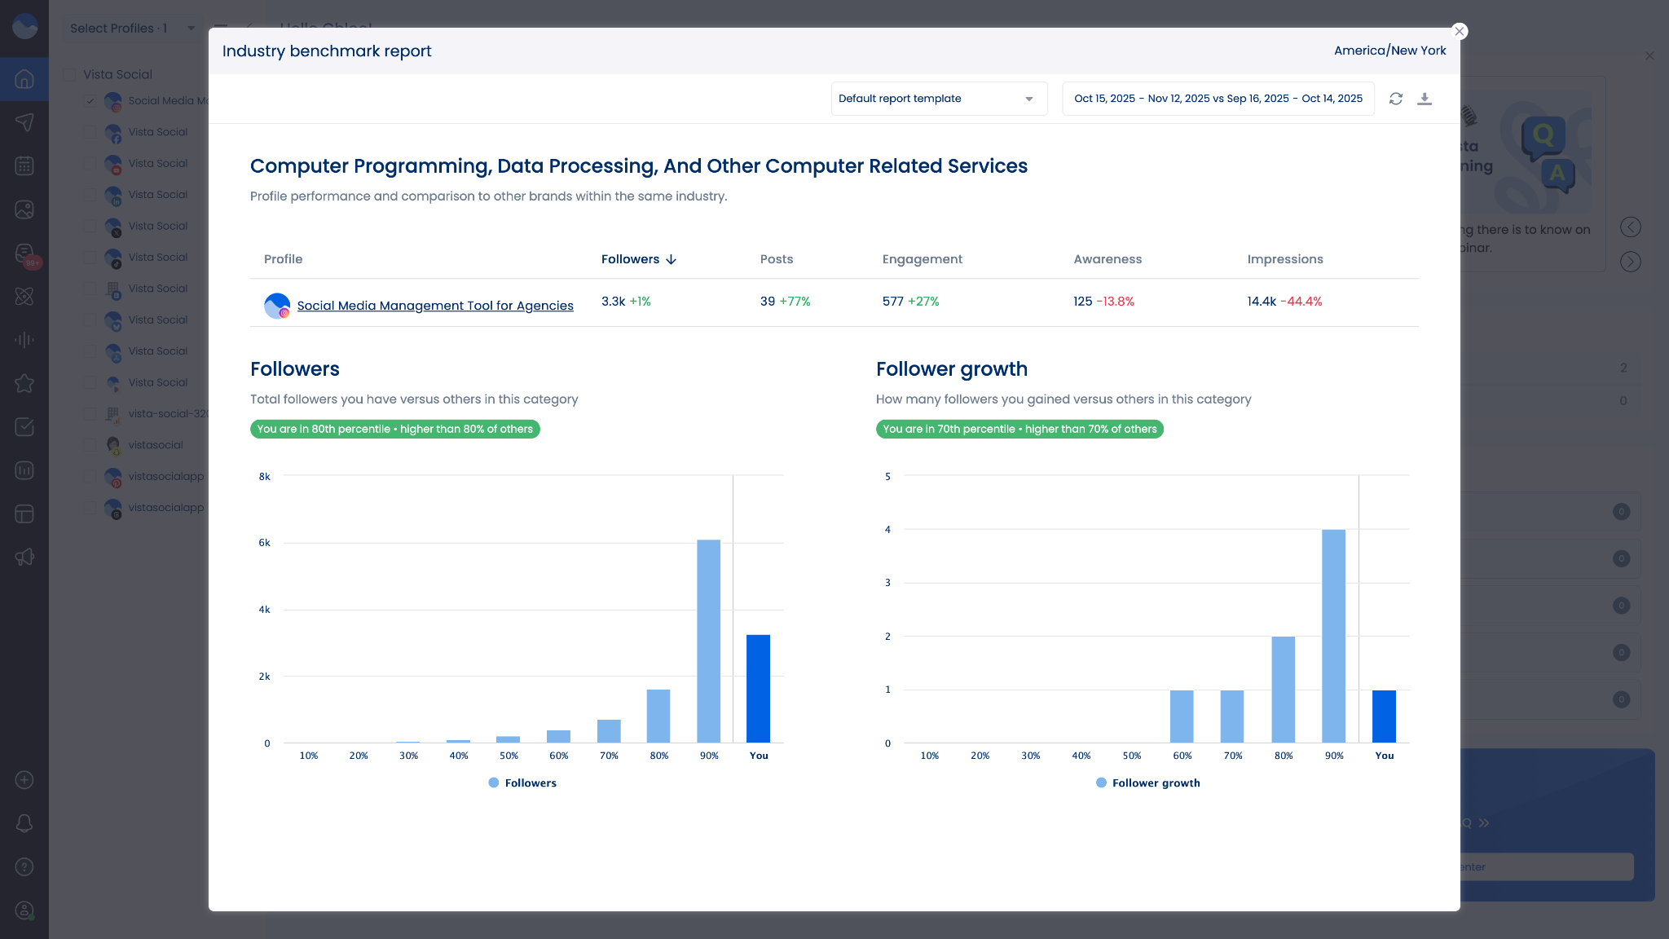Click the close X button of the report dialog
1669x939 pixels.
coord(1460,31)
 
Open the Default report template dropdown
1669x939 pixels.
coord(938,99)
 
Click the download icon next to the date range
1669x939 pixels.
coord(1425,99)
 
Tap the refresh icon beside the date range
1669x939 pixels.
coord(1396,99)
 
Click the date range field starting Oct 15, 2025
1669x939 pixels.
coord(1218,99)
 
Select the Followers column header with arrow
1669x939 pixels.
coord(638,259)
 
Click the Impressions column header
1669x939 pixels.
coord(1284,259)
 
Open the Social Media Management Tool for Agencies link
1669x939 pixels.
coord(434,306)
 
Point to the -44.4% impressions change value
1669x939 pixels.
coord(1301,302)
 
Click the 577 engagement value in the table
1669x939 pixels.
coord(892,302)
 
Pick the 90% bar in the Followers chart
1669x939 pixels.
coord(708,641)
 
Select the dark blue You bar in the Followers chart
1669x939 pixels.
coord(758,688)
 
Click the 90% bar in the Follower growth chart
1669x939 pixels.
coord(1333,636)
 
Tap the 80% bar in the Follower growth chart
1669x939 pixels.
coord(1283,689)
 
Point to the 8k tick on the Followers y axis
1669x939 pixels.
coord(264,477)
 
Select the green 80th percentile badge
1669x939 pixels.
coord(394,429)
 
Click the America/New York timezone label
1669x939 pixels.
coord(1389,51)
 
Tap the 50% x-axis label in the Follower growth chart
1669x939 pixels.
coord(1131,756)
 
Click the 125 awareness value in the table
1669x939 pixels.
coord(1082,302)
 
